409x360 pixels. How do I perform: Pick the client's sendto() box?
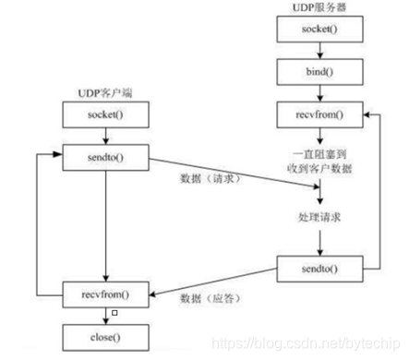[106, 158]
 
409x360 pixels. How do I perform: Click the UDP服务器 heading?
[319, 8]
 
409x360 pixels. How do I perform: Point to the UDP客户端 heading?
[106, 93]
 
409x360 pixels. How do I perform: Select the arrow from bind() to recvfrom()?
[319, 93]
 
